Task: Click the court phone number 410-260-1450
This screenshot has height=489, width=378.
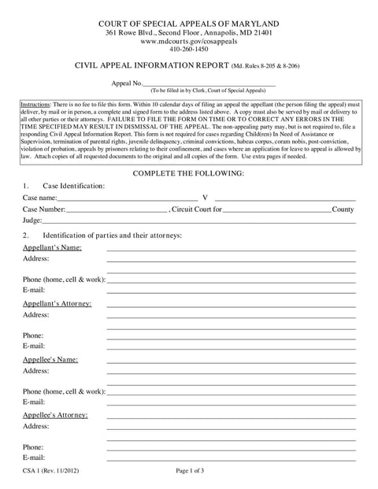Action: pyautogui.click(x=189, y=49)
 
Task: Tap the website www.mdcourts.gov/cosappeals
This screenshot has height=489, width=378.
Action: pyautogui.click(x=189, y=40)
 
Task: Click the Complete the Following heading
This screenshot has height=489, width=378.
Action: pyautogui.click(x=188, y=172)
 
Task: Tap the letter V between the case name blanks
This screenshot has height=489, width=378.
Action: pyautogui.click(x=205, y=198)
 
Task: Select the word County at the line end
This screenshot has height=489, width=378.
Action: pyautogui.click(x=343, y=209)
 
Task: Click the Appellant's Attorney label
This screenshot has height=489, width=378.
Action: pyautogui.click(x=57, y=303)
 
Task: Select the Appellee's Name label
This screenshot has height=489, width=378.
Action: pyautogui.click(x=50, y=359)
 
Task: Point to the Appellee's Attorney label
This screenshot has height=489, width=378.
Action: pyautogui.click(x=55, y=414)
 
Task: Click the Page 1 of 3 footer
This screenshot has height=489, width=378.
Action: pyautogui.click(x=190, y=471)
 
